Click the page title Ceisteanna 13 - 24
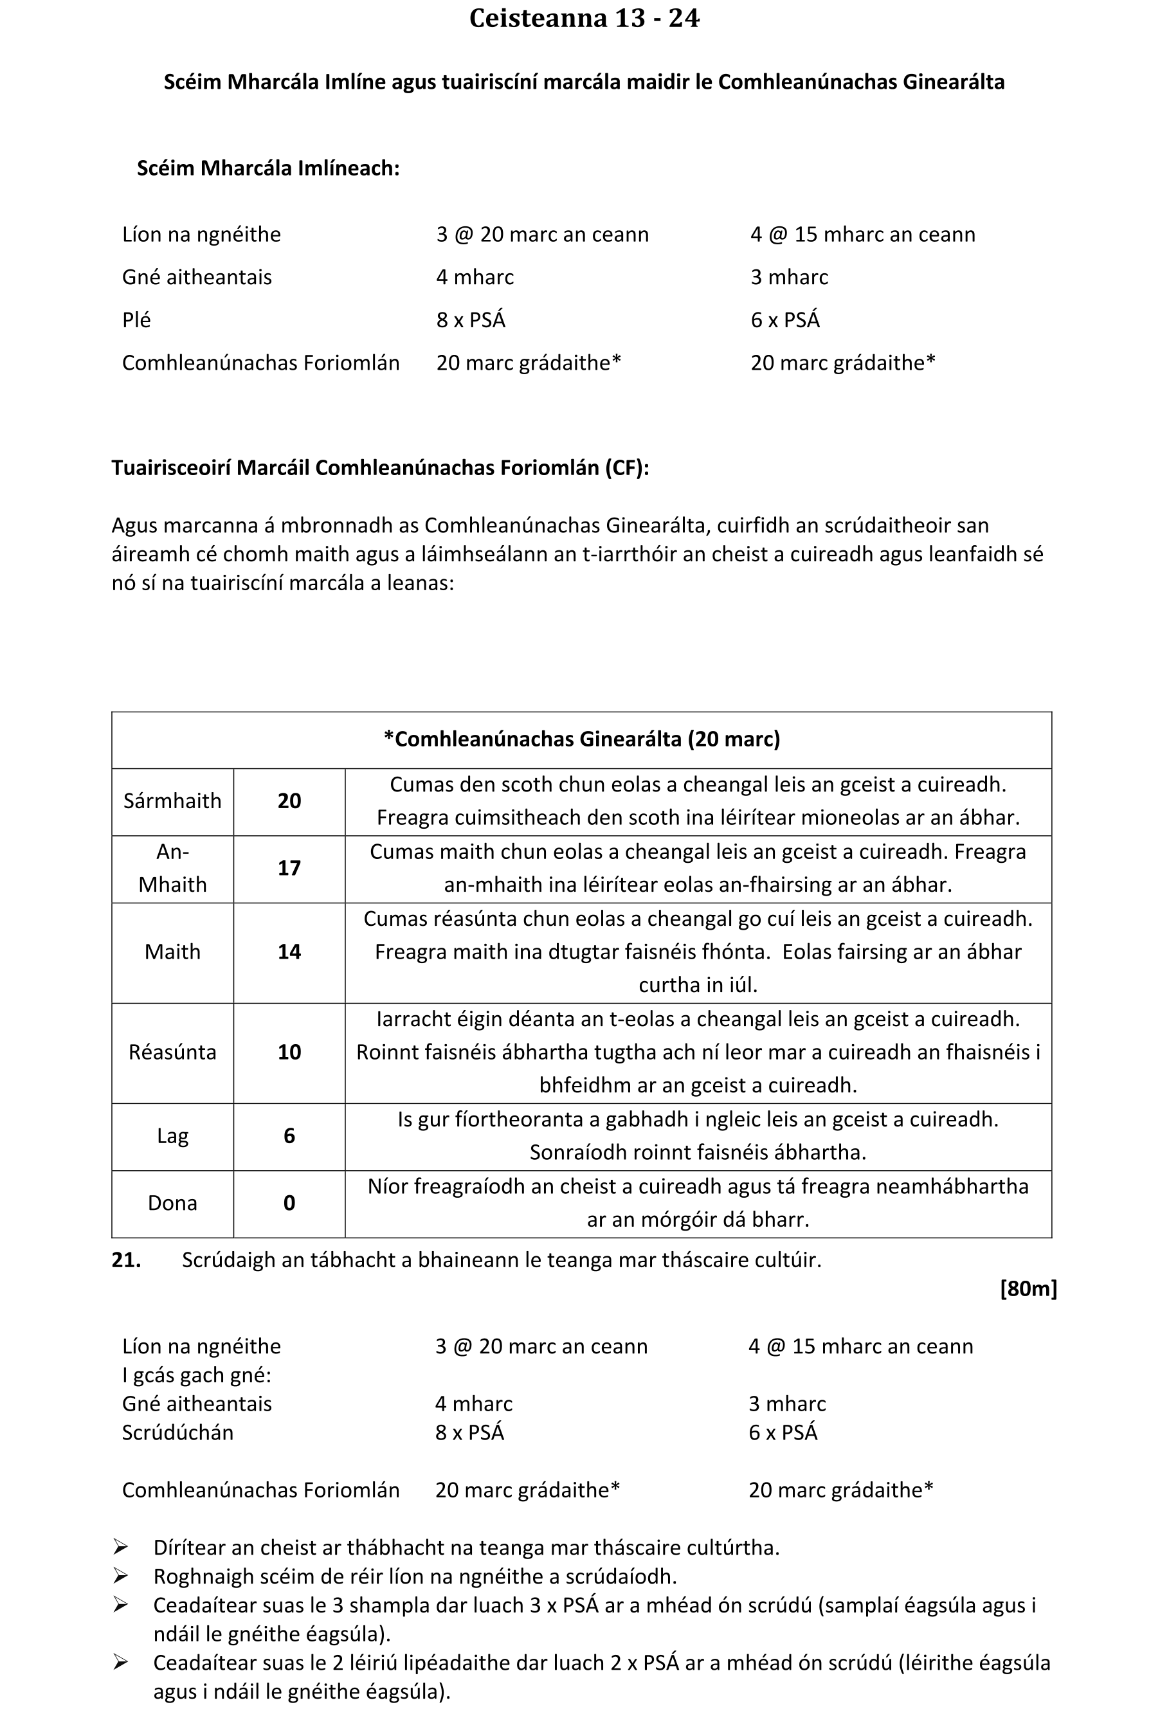coord(584,19)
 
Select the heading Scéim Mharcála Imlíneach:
coord(268,168)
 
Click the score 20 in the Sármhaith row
coord(289,801)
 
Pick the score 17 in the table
coord(289,869)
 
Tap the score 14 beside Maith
coord(289,952)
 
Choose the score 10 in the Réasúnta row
coord(289,1052)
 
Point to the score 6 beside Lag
coord(289,1137)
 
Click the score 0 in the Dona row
coord(289,1203)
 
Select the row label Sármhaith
coord(172,801)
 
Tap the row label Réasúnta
coord(172,1052)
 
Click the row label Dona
coord(172,1203)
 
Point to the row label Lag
coord(172,1137)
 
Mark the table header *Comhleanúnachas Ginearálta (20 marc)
coord(582,739)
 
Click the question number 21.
coord(126,1260)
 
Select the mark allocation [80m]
coord(1028,1288)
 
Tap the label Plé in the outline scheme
coord(136,320)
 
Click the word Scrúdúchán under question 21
coord(177,1432)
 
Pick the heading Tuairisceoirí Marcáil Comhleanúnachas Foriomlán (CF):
coord(380,467)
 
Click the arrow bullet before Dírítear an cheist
coord(120,1548)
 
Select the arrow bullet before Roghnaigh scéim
coord(120,1576)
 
